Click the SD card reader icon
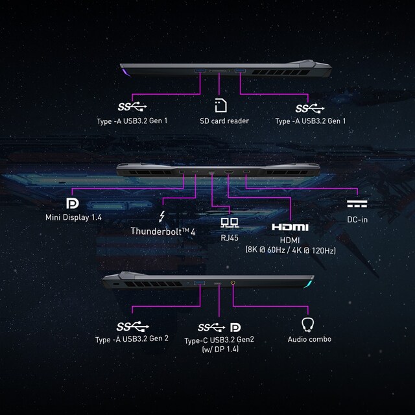point(220,106)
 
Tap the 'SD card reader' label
point(224,121)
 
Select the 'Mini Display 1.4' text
point(73,217)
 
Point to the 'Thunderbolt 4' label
point(163,230)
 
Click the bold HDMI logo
point(289,227)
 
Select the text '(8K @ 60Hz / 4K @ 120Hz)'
point(290,249)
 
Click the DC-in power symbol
point(357,204)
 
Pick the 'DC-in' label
point(357,219)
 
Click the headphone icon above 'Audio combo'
point(309,324)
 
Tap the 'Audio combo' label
point(309,339)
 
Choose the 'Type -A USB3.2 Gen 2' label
point(132,339)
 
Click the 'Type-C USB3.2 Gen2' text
point(220,340)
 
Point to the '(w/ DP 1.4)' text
point(220,350)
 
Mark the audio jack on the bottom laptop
point(233,283)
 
